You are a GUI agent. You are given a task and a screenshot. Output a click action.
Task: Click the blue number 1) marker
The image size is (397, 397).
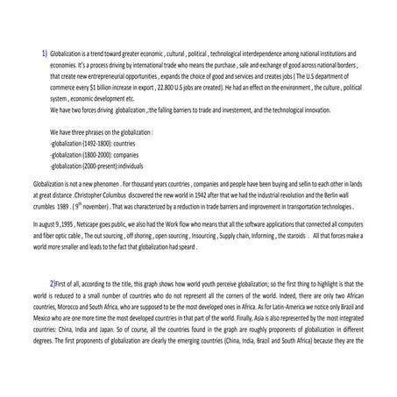coord(45,54)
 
